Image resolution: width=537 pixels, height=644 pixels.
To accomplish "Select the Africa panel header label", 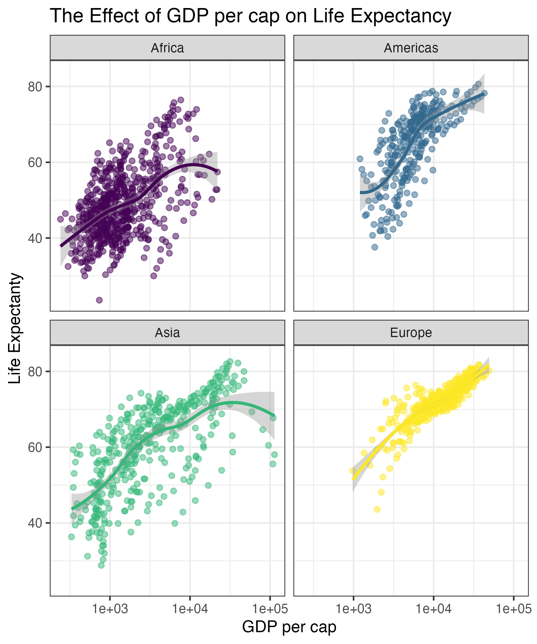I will click(x=167, y=48).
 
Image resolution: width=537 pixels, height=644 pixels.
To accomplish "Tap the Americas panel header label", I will click(x=411, y=48).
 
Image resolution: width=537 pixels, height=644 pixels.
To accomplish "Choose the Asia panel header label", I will click(x=167, y=333).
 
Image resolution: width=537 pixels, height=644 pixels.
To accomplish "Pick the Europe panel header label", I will click(x=411, y=333).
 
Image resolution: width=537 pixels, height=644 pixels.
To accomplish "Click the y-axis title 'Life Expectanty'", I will click(x=15, y=328).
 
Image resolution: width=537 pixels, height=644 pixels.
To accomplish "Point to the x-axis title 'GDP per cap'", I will click(x=289, y=627).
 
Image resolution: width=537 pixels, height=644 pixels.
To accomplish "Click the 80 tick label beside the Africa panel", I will click(x=35, y=87).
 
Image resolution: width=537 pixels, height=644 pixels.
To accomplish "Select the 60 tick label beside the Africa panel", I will click(x=35, y=163).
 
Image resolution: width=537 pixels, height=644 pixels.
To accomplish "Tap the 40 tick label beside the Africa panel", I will click(x=35, y=238).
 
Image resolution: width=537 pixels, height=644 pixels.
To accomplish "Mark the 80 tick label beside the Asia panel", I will click(x=35, y=372).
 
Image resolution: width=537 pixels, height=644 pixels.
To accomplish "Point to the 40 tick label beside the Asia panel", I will click(x=35, y=523).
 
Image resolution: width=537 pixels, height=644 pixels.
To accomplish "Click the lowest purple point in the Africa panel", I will click(x=99, y=300).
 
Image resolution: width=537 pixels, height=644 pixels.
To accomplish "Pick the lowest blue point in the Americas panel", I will click(x=375, y=247).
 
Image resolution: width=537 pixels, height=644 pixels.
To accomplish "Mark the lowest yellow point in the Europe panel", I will click(x=377, y=509).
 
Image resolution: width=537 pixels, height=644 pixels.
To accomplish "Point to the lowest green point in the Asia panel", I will click(x=101, y=565).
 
